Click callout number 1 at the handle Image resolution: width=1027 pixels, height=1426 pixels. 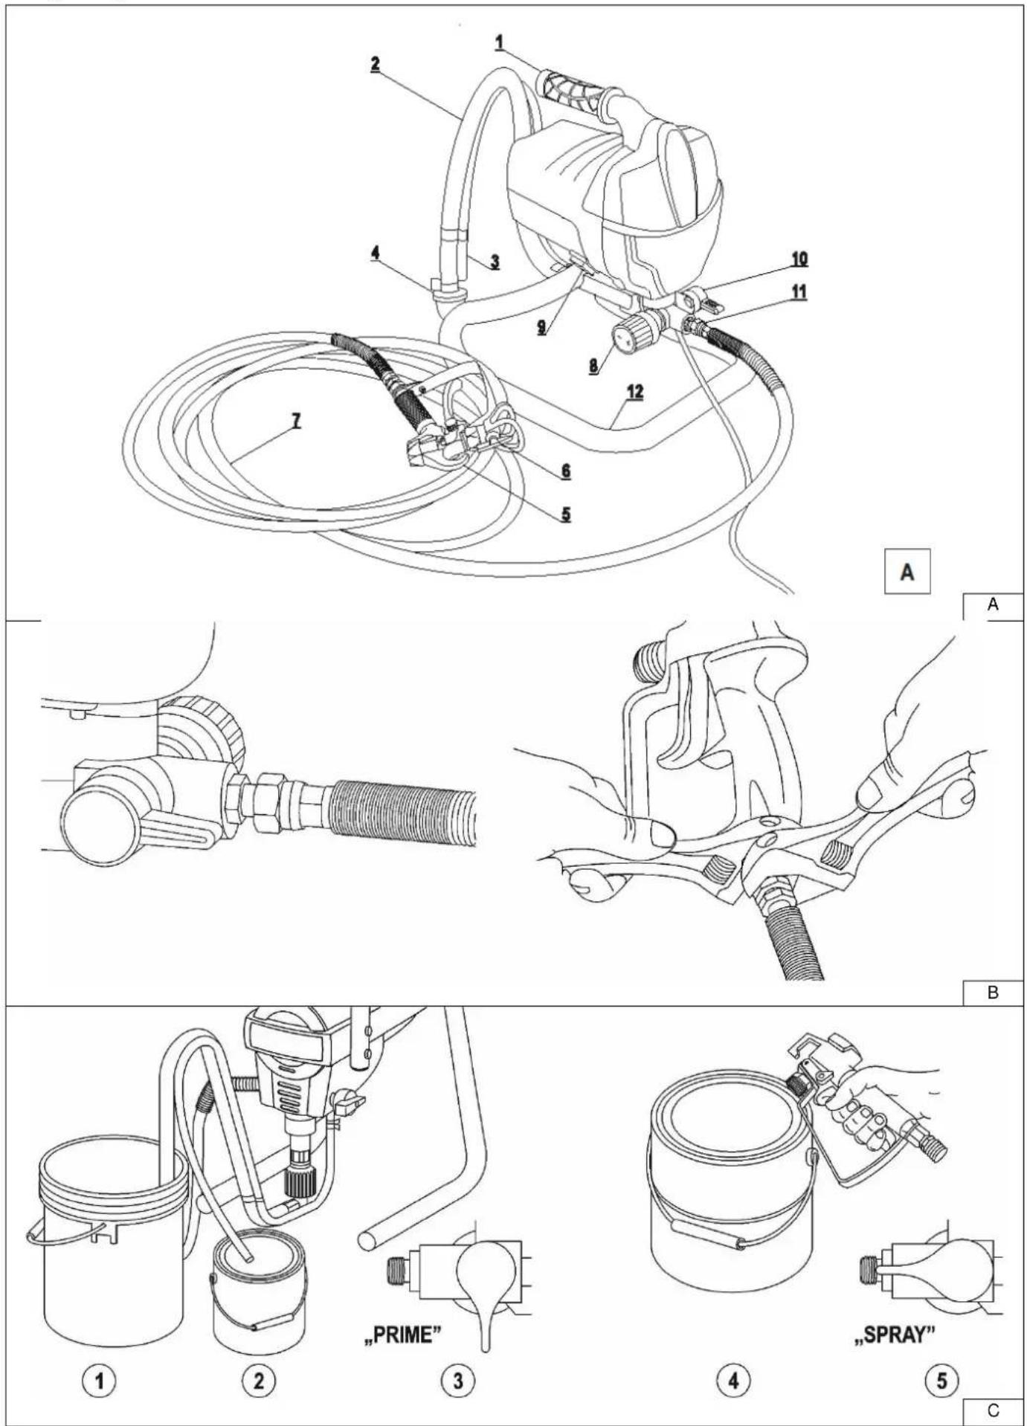pyautogui.click(x=500, y=42)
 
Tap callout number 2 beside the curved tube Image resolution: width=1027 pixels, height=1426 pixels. pyautogui.click(x=376, y=64)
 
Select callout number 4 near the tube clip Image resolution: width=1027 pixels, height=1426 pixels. pyautogui.click(x=376, y=254)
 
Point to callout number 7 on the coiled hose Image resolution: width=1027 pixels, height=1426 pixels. pyautogui.click(x=296, y=421)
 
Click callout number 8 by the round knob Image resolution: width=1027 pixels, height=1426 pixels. pyautogui.click(x=594, y=366)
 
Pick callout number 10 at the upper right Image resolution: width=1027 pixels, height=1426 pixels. pyautogui.click(x=799, y=259)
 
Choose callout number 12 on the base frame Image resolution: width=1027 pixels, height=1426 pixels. pyautogui.click(x=634, y=392)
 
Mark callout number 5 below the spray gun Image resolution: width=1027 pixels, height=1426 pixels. pyautogui.click(x=566, y=514)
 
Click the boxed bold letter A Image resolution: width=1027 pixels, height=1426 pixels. pyautogui.click(x=907, y=571)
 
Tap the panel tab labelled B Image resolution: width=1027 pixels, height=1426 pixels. pyautogui.click(x=993, y=993)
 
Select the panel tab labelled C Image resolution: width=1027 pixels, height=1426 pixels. pyautogui.click(x=993, y=1410)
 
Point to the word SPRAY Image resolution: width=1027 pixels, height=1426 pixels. pyautogui.click(x=894, y=1335)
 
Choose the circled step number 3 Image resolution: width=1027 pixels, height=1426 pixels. pyautogui.click(x=458, y=1381)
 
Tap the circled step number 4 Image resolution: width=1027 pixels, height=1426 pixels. pyautogui.click(x=733, y=1381)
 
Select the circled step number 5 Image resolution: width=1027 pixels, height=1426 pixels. pyautogui.click(x=942, y=1381)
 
